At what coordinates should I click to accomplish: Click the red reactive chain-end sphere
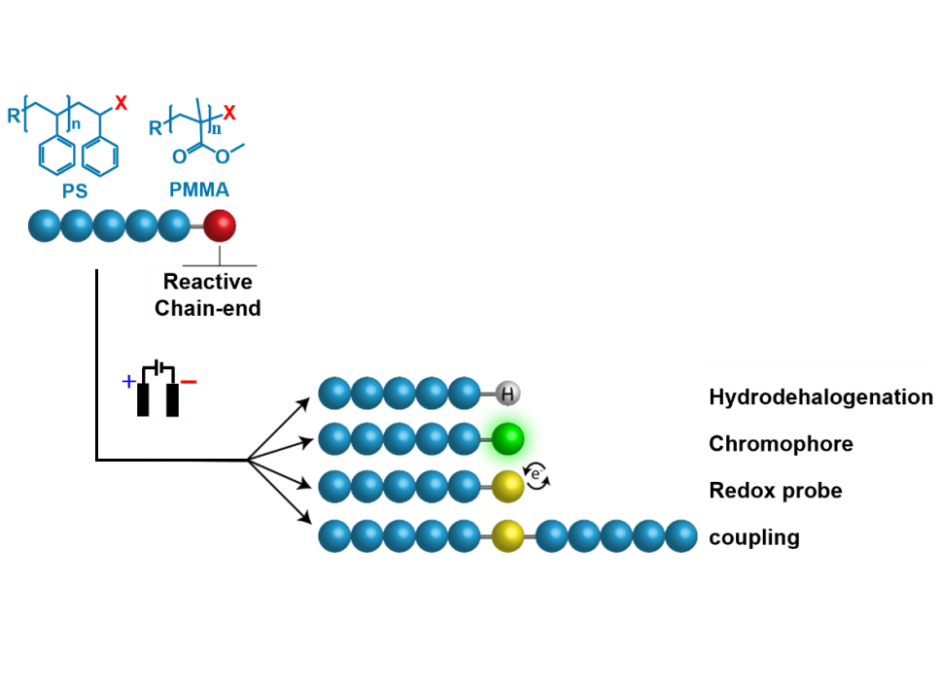pyautogui.click(x=220, y=226)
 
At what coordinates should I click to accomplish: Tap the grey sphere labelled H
pyautogui.click(x=506, y=395)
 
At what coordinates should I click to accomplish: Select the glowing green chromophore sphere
pyautogui.click(x=506, y=439)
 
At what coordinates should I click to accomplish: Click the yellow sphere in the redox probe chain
pyautogui.click(x=506, y=486)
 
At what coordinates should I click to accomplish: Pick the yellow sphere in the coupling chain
pyautogui.click(x=506, y=534)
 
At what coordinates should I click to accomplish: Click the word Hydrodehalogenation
pyautogui.click(x=820, y=397)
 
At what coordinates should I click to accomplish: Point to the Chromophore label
pyautogui.click(x=781, y=444)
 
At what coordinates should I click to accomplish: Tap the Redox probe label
pyautogui.click(x=775, y=491)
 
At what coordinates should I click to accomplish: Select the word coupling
pyautogui.click(x=754, y=537)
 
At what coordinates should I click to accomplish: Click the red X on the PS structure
pyautogui.click(x=121, y=102)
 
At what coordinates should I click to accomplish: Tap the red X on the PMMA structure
pyautogui.click(x=228, y=113)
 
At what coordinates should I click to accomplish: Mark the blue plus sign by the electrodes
pyautogui.click(x=127, y=383)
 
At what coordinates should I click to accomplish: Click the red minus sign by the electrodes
pyautogui.click(x=189, y=383)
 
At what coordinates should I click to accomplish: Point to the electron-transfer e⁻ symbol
pyautogui.click(x=536, y=474)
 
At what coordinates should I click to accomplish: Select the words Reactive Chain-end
pyautogui.click(x=207, y=294)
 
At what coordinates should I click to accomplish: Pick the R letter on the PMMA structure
pyautogui.click(x=156, y=127)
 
